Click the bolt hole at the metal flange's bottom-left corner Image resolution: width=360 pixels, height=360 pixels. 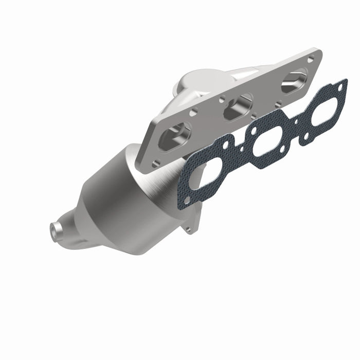click(x=156, y=163)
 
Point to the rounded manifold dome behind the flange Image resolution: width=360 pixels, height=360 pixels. click(x=190, y=85)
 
